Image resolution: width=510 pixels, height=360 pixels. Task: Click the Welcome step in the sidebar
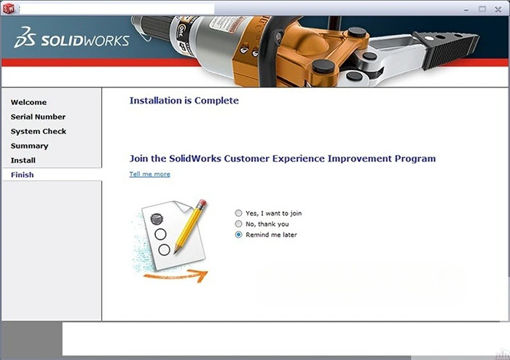coord(28,102)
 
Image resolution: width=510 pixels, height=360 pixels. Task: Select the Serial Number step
coord(38,117)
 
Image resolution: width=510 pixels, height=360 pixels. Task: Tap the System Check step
coord(38,131)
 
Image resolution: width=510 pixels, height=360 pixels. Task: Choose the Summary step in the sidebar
coord(29,146)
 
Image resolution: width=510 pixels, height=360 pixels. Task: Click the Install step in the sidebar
coord(23,160)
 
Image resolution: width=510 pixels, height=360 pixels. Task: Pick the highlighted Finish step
coord(22,175)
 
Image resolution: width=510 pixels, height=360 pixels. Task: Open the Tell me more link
coord(149,174)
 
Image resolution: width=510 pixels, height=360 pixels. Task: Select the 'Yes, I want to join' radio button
coord(238,214)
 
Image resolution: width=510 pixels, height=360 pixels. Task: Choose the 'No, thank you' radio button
coord(238,224)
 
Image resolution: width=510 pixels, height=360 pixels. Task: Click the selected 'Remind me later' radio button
coord(238,235)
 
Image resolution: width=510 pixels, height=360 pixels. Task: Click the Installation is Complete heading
coord(184,101)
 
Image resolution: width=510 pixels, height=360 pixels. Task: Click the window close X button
coord(499,9)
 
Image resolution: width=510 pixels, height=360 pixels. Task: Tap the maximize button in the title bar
coord(482,9)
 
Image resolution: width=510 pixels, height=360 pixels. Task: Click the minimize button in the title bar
coord(465,9)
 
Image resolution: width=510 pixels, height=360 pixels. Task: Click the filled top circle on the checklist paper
coord(156,219)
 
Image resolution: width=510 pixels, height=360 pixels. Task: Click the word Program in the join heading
coord(412,158)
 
